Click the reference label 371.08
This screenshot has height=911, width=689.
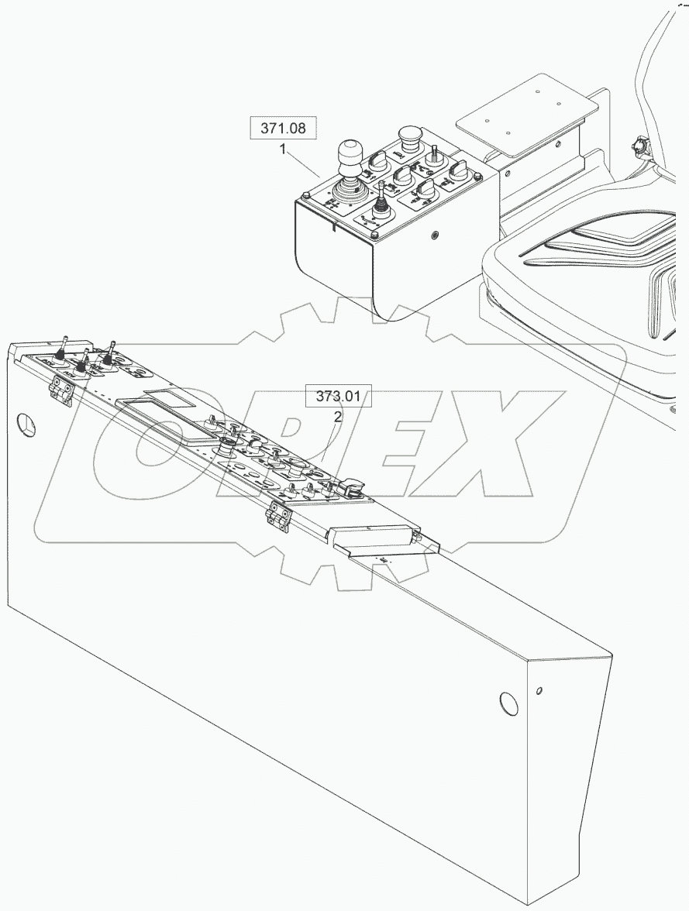tap(283, 129)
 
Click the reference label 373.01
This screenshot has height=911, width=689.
tap(339, 397)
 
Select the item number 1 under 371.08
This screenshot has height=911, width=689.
tap(284, 149)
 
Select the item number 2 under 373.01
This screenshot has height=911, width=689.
tap(338, 417)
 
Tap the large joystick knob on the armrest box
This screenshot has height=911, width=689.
tap(350, 152)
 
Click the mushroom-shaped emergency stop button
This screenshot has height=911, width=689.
tap(409, 138)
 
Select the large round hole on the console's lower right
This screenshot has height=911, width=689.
tap(508, 702)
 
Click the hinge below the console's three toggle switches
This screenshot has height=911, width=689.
tap(60, 391)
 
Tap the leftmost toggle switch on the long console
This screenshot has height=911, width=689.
tap(64, 348)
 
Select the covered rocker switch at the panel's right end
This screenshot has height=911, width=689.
tap(344, 486)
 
